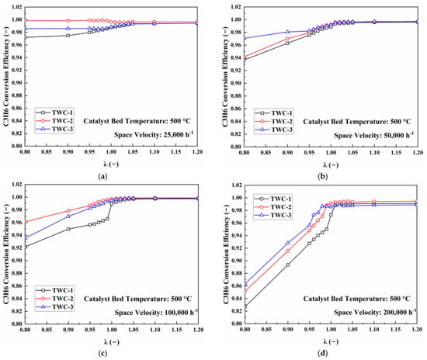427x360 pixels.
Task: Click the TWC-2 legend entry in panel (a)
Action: click(x=54, y=121)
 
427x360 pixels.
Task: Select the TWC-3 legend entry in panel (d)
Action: click(x=273, y=215)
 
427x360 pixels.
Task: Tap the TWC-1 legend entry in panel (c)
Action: click(x=55, y=290)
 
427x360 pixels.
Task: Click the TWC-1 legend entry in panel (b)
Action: click(x=274, y=113)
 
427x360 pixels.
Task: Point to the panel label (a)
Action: click(x=102, y=176)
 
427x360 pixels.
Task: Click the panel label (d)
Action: click(x=323, y=353)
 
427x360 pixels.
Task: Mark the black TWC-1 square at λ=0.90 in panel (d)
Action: click(x=287, y=265)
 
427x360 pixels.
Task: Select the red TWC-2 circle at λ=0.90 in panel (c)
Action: click(x=68, y=211)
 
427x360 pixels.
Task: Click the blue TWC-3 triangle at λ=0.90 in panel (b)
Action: click(x=287, y=32)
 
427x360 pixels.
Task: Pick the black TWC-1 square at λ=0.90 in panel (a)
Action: click(x=68, y=36)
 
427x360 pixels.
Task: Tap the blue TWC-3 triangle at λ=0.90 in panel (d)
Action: click(x=288, y=243)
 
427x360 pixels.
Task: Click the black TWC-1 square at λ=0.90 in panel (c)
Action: click(x=68, y=229)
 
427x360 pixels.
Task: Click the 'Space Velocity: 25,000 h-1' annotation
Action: click(x=154, y=134)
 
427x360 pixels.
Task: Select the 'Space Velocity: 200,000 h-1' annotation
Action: click(x=375, y=312)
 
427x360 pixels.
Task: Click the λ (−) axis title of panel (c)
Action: click(x=111, y=342)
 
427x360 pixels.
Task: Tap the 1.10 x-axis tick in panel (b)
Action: click(x=374, y=152)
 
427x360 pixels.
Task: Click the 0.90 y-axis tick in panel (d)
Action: click(x=237, y=261)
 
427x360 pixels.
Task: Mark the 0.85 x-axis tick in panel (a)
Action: click(x=47, y=152)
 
